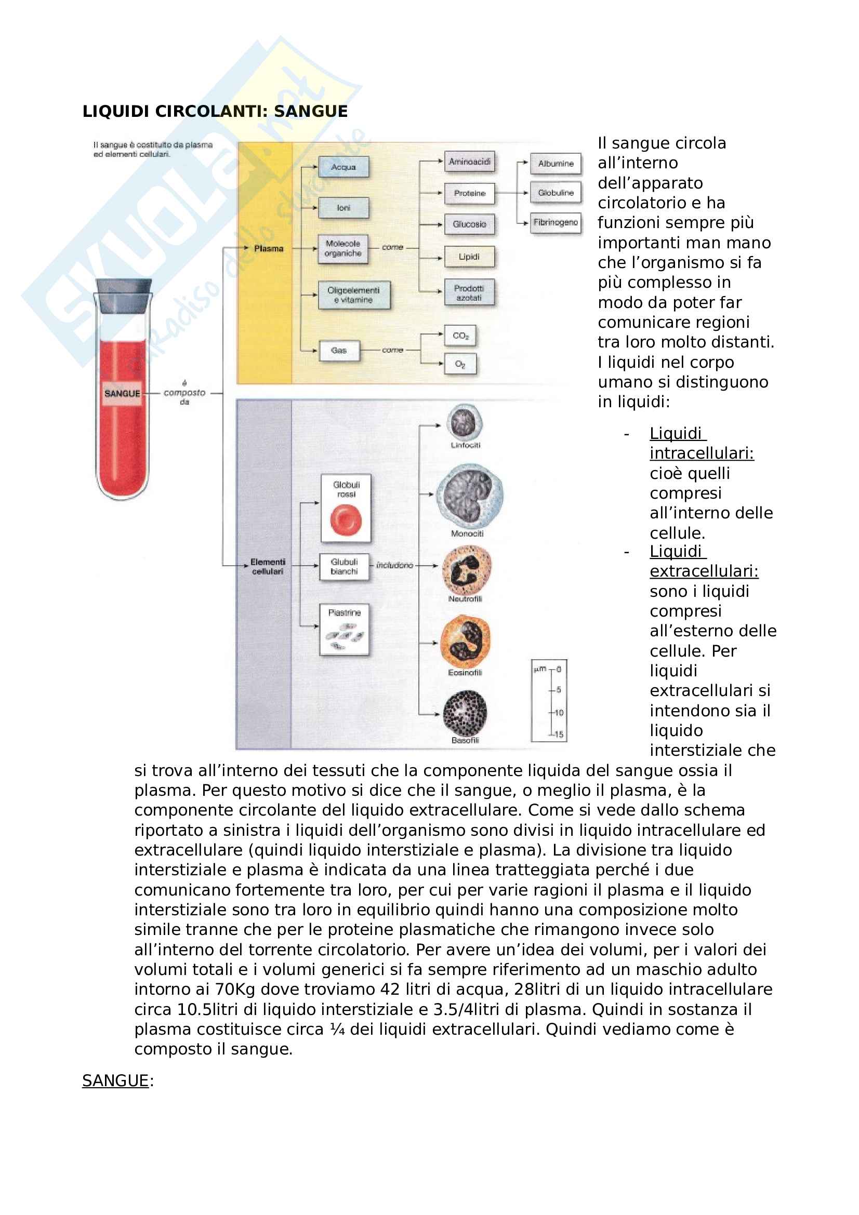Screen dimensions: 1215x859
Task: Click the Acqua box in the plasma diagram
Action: (343, 167)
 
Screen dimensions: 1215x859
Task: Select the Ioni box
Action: (343, 208)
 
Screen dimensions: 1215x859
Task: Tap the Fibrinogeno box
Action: (555, 223)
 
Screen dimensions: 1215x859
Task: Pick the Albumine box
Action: (555, 164)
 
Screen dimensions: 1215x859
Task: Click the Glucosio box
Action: (469, 224)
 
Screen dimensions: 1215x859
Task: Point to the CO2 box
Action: (460, 336)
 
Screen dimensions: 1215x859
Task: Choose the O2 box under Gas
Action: (460, 364)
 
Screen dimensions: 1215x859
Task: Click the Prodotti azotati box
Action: (469, 292)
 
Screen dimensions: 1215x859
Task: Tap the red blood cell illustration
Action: (346, 520)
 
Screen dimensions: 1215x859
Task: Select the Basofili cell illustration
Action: (465, 713)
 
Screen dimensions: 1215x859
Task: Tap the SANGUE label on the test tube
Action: (122, 394)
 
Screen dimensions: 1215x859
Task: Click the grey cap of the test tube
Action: (123, 296)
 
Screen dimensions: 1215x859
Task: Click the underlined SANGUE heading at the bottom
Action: (115, 1080)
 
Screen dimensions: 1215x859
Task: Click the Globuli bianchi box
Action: (344, 567)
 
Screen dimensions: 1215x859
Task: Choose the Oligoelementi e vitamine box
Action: (353, 295)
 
